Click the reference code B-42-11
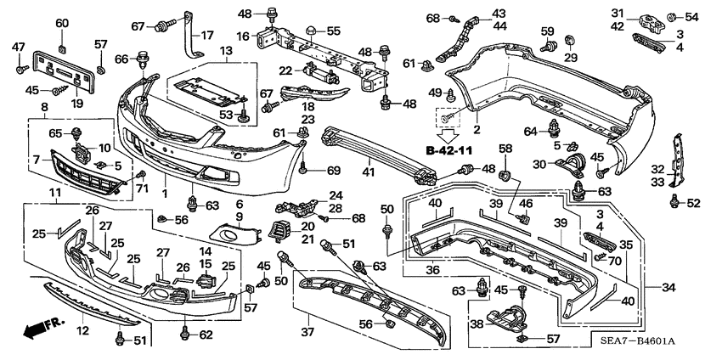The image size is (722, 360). coord(449,150)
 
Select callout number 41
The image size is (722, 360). coord(369,172)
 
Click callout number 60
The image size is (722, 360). coord(62,23)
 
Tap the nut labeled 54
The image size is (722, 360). coord(671,18)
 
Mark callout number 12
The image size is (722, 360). coord(83,330)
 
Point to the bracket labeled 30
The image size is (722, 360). coord(571,164)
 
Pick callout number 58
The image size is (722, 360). coord(505,149)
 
